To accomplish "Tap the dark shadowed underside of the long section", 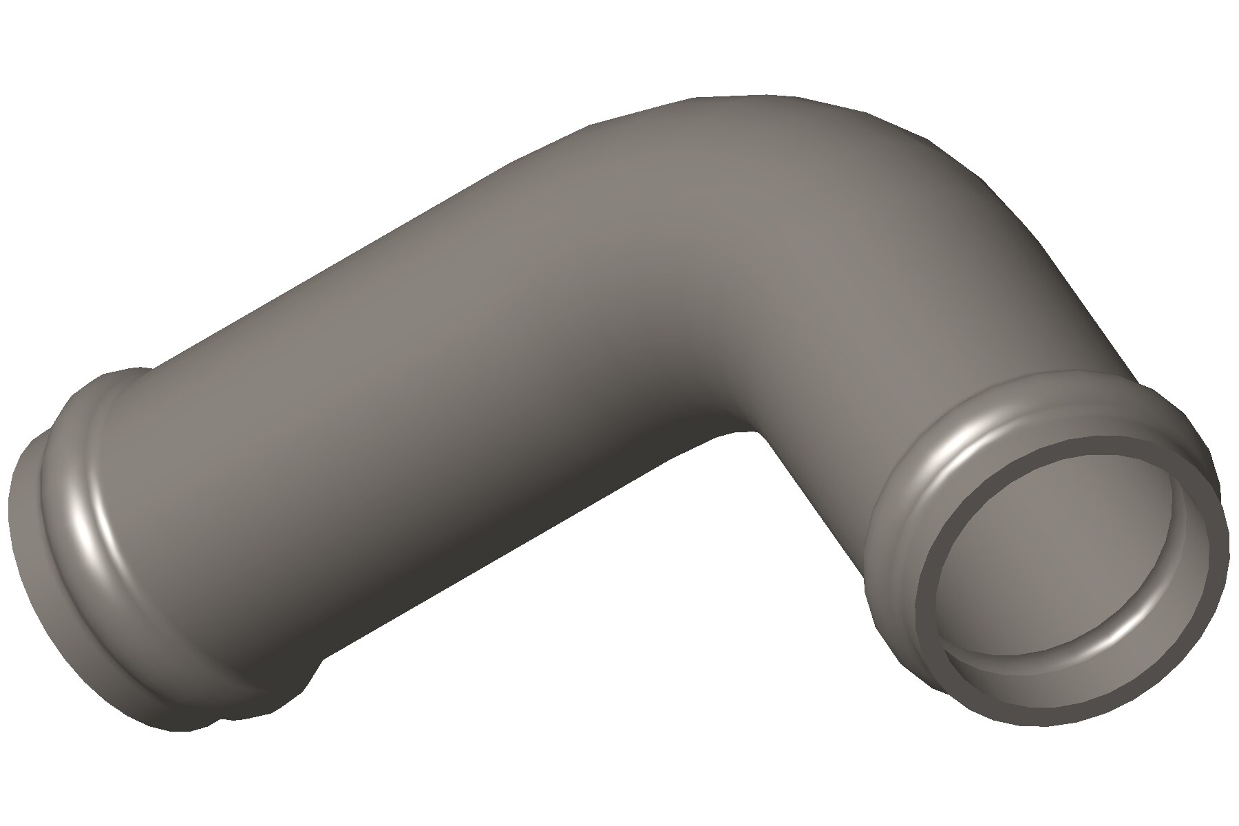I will coord(482,551).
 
